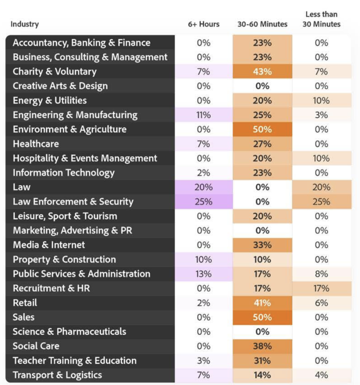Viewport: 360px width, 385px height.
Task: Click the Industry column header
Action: pos(24,24)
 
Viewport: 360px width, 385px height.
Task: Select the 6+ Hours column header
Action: pos(204,24)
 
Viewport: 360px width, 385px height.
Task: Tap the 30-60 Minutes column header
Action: pos(262,24)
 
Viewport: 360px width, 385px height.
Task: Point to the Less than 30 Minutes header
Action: pos(322,20)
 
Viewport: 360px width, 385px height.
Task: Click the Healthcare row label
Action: pos(36,144)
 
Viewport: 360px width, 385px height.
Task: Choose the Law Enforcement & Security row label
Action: pos(73,202)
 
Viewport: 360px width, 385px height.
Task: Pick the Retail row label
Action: pos(25,303)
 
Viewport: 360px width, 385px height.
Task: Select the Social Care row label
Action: pos(36,346)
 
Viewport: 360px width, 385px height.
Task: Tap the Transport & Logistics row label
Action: pos(57,375)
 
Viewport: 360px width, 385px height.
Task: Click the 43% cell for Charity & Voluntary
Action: pos(262,71)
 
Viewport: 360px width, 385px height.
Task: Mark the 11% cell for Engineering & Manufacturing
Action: pos(204,115)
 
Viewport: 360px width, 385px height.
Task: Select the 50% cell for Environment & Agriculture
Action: pos(262,129)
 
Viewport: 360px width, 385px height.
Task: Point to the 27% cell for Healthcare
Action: pos(262,144)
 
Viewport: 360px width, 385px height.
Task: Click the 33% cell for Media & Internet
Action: pos(262,245)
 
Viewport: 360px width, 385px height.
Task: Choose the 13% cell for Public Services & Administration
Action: pos(204,274)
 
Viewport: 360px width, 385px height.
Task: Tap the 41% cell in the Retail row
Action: pos(262,303)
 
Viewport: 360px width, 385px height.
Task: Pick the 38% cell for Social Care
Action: pos(262,346)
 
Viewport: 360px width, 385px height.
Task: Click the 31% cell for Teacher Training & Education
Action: pos(262,361)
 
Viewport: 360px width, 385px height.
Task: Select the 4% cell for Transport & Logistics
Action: pos(322,375)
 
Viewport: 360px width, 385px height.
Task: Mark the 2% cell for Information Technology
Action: pos(204,173)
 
